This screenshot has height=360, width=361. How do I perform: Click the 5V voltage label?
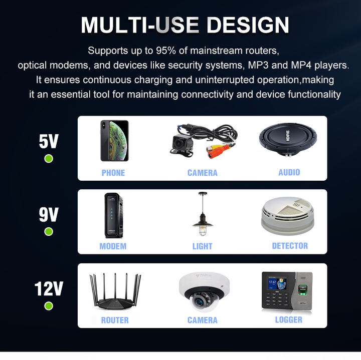[x=49, y=141]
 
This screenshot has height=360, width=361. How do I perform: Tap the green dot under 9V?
[x=49, y=231]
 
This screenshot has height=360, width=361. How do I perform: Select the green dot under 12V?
[x=49, y=306]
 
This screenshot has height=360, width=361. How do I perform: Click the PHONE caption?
[x=113, y=173]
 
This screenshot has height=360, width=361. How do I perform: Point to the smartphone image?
[x=114, y=141]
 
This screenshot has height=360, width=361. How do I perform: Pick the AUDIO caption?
[x=289, y=172]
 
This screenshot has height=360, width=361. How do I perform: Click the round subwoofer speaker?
[x=288, y=140]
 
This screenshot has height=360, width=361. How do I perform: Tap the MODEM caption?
[x=113, y=246]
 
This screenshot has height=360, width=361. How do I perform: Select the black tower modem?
[x=113, y=215]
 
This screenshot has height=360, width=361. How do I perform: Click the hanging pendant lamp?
[x=203, y=214]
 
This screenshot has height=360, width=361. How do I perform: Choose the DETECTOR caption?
[x=290, y=246]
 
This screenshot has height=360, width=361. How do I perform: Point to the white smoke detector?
[x=288, y=216]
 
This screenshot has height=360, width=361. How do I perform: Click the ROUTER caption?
[x=115, y=320]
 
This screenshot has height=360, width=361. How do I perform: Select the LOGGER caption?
[x=289, y=320]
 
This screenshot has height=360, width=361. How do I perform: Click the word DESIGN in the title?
[x=248, y=26]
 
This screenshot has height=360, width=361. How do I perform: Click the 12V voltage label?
[x=49, y=289]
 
